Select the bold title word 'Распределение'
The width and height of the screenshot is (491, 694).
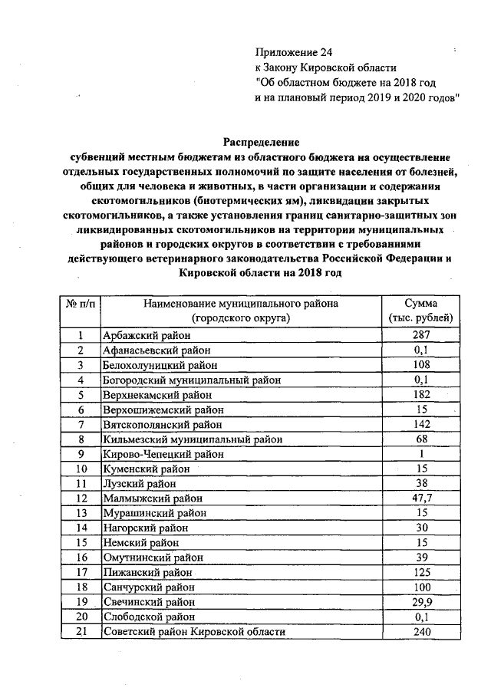[261, 142]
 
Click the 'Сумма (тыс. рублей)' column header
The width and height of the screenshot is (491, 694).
[420, 310]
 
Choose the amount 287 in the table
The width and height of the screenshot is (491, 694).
[420, 335]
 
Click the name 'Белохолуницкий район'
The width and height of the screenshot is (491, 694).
[160, 365]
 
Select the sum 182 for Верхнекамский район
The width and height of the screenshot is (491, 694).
[420, 395]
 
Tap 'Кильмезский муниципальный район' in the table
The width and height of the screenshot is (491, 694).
[193, 439]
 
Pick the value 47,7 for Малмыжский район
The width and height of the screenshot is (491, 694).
[420, 498]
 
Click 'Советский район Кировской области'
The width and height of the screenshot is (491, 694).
[193, 632]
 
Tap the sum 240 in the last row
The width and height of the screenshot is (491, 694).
[420, 632]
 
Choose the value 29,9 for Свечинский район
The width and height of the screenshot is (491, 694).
[420, 602]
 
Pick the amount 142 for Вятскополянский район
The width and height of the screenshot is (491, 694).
[420, 424]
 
